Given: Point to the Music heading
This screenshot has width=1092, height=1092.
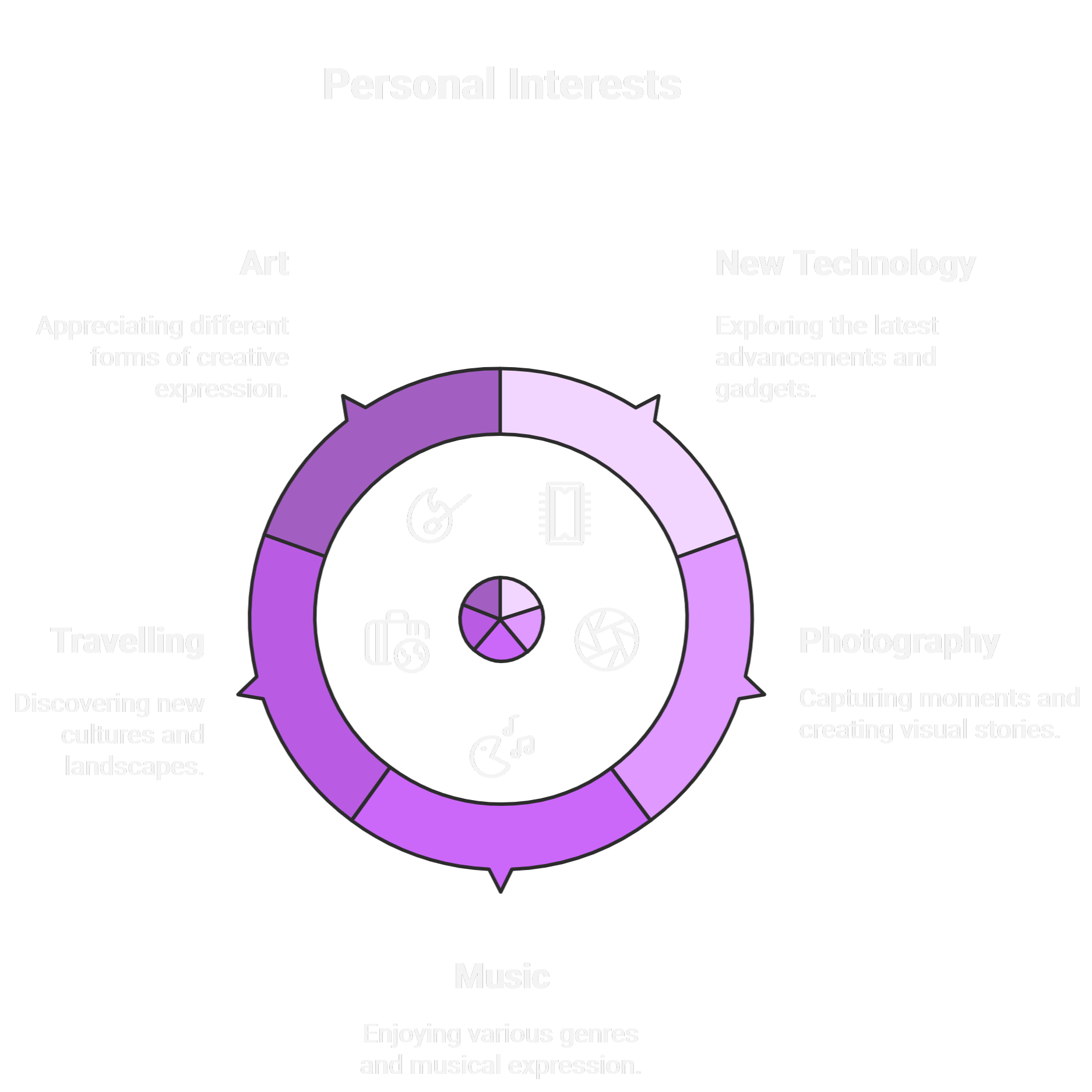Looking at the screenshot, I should tap(502, 977).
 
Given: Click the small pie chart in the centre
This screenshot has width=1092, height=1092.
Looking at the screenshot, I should tap(501, 619).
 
